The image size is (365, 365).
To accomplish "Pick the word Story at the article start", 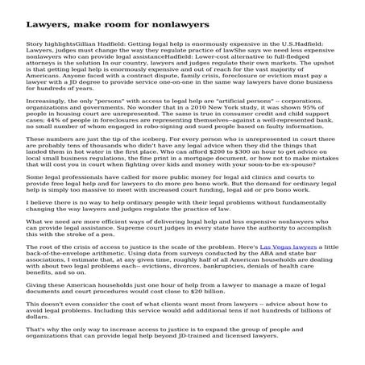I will point(36,40).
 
